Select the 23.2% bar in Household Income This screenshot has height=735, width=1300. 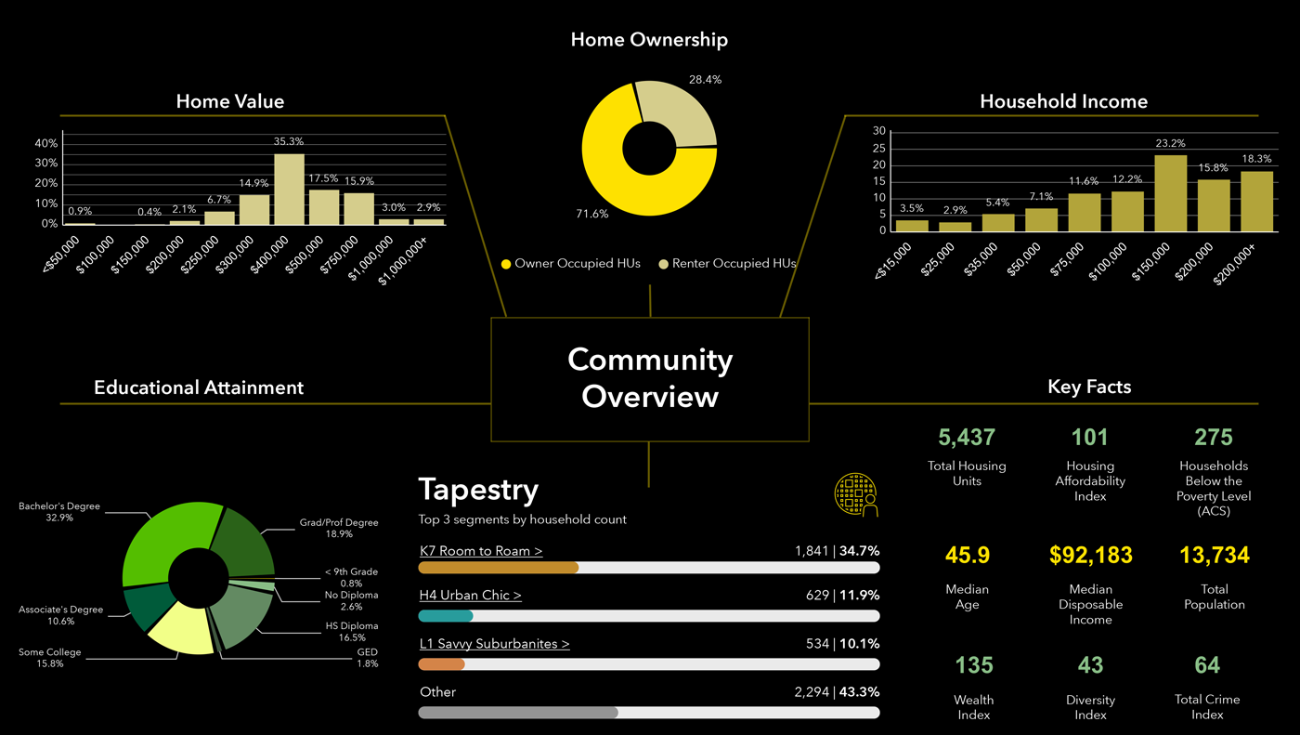[x=1171, y=193]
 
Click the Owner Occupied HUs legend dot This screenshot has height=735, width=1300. [x=506, y=264]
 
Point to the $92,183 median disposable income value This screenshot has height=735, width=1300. [x=1090, y=556]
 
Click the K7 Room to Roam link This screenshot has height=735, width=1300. [x=481, y=551]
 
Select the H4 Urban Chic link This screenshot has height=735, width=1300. [x=470, y=596]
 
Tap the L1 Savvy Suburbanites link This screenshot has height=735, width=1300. [x=494, y=643]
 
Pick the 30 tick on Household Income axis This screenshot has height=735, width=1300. [x=878, y=131]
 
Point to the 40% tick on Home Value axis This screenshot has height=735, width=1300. [x=46, y=144]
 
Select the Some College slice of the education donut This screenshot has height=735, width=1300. [x=182, y=625]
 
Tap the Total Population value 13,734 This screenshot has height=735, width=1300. [x=1214, y=556]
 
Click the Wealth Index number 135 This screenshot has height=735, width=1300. [x=974, y=665]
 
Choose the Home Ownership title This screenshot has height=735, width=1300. [x=649, y=40]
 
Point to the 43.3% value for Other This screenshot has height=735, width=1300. [x=859, y=692]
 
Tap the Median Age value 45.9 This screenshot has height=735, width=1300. [x=967, y=556]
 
